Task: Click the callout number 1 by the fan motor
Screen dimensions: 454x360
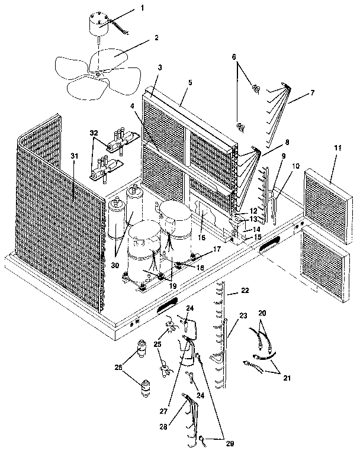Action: [x=142, y=9]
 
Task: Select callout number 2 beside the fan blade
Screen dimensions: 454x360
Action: [x=156, y=37]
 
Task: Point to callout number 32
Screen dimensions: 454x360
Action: [x=94, y=133]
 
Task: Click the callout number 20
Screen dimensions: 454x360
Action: [x=262, y=312]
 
